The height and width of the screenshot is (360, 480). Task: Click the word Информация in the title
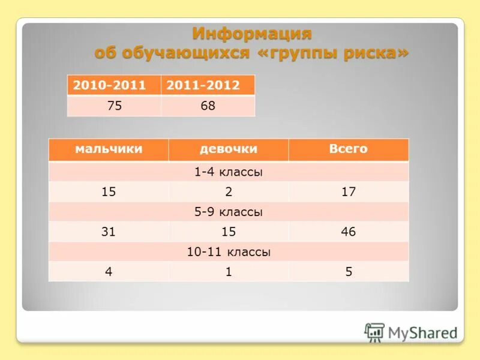tap(251, 33)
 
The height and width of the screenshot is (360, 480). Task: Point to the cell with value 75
tap(114, 106)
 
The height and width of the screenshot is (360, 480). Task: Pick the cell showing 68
tap(208, 106)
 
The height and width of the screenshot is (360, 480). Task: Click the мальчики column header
tap(109, 149)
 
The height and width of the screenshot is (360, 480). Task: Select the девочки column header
tap(229, 149)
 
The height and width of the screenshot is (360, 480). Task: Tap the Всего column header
tap(348, 149)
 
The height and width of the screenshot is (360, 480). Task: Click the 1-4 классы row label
tap(229, 172)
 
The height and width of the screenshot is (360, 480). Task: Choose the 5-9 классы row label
tap(229, 212)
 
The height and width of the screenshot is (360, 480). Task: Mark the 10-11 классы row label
tap(229, 252)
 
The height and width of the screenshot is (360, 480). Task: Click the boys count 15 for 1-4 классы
tap(109, 192)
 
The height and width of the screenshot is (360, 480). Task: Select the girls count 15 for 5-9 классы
tap(229, 232)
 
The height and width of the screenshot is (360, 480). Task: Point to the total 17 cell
tap(348, 192)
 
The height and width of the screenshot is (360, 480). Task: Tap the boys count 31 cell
tap(109, 232)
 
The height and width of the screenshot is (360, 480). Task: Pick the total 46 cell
tap(348, 232)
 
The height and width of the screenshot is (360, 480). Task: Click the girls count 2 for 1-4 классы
tap(229, 192)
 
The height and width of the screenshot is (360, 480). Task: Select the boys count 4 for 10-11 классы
tap(109, 272)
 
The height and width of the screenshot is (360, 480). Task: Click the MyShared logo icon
tap(374, 332)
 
